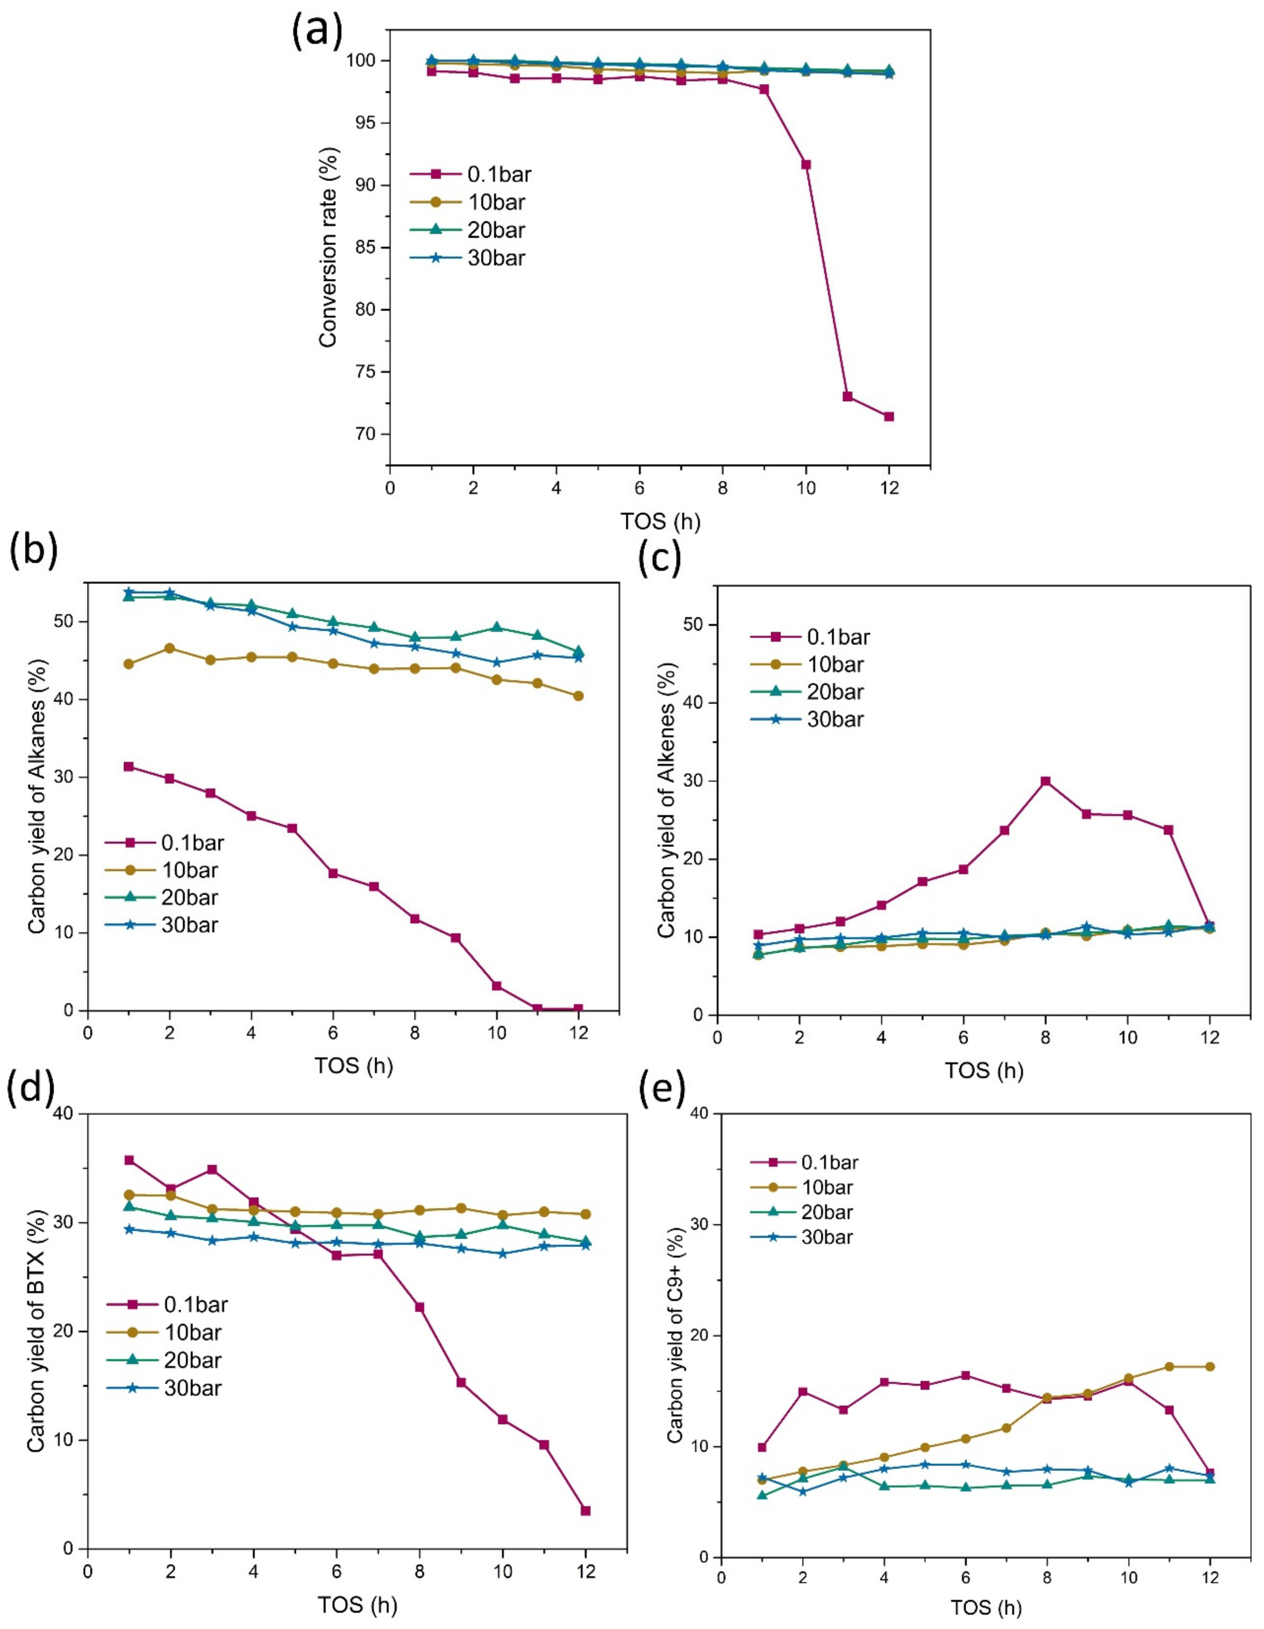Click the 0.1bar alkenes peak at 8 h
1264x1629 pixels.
[x=1046, y=781]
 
